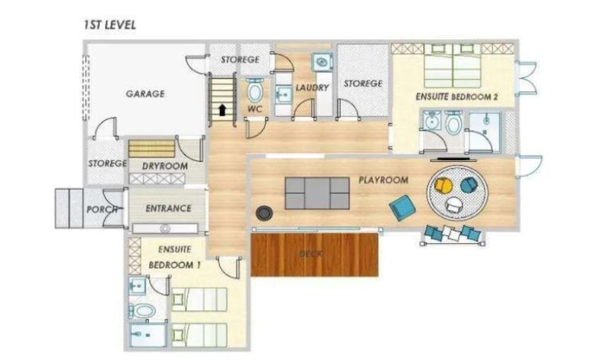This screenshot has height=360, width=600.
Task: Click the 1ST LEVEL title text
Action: [x=110, y=25]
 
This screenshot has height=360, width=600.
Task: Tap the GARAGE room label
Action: [x=146, y=94]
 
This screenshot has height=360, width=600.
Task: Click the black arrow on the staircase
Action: [x=222, y=110]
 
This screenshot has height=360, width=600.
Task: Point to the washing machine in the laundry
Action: [x=322, y=61]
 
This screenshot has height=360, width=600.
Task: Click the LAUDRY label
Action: [x=312, y=87]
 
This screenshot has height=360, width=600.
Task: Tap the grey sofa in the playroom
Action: [x=317, y=193]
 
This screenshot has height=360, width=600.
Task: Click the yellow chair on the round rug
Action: [x=444, y=186]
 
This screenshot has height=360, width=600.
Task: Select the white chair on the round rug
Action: [x=454, y=204]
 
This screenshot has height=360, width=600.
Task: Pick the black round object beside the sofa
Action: [x=264, y=213]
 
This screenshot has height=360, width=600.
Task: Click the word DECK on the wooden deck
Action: [x=311, y=254]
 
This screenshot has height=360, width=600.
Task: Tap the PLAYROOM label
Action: [x=383, y=180]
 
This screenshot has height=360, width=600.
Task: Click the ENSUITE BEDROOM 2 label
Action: [x=457, y=97]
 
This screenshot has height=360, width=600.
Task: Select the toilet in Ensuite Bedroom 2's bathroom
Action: [x=454, y=123]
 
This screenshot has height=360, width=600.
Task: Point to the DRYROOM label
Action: [x=165, y=166]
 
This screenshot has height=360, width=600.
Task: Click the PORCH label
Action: [x=102, y=209]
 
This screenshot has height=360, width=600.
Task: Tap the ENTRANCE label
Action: [x=168, y=209]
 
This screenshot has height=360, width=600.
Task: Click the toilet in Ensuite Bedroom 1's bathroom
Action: [x=141, y=311]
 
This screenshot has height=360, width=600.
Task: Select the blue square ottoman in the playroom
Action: [x=402, y=207]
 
